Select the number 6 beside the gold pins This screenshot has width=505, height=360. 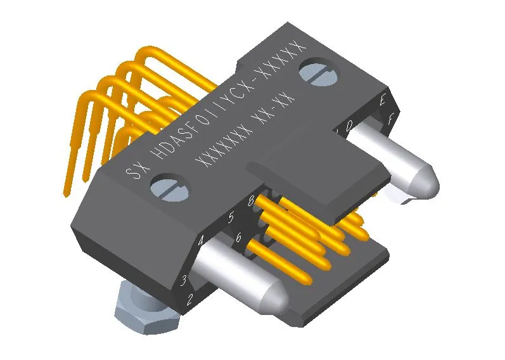(238, 238)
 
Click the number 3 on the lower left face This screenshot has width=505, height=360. (184, 279)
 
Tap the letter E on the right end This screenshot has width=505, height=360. (383, 100)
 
